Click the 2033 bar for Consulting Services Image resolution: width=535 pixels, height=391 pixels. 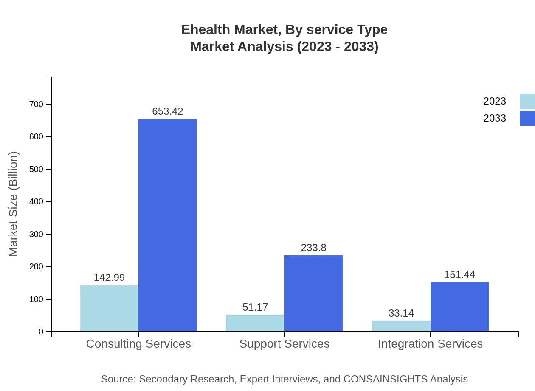coord(168,225)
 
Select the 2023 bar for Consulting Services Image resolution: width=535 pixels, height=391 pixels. coord(109,308)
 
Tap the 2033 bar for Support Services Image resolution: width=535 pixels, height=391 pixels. coord(313,293)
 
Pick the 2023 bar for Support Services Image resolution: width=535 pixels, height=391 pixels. coord(255,323)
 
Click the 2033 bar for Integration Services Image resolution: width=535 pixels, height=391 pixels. coord(459,307)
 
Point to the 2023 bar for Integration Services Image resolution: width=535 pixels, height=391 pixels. coord(401,326)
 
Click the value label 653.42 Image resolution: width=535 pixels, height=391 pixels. coord(168,111)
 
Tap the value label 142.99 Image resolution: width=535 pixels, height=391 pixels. coord(109,278)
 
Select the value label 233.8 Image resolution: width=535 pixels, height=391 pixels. coord(313,248)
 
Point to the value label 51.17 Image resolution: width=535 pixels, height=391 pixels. coord(255,307)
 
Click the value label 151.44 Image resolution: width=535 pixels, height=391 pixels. coord(459,275)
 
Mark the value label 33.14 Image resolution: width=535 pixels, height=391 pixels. coord(401,313)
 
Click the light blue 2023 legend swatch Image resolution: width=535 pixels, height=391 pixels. coord(527,101)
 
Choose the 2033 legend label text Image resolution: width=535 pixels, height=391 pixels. coord(494,118)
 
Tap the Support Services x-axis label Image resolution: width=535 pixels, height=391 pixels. coord(284,343)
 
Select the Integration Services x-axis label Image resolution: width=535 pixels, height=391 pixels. coord(430,343)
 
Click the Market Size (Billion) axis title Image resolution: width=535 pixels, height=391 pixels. coord(13,204)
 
